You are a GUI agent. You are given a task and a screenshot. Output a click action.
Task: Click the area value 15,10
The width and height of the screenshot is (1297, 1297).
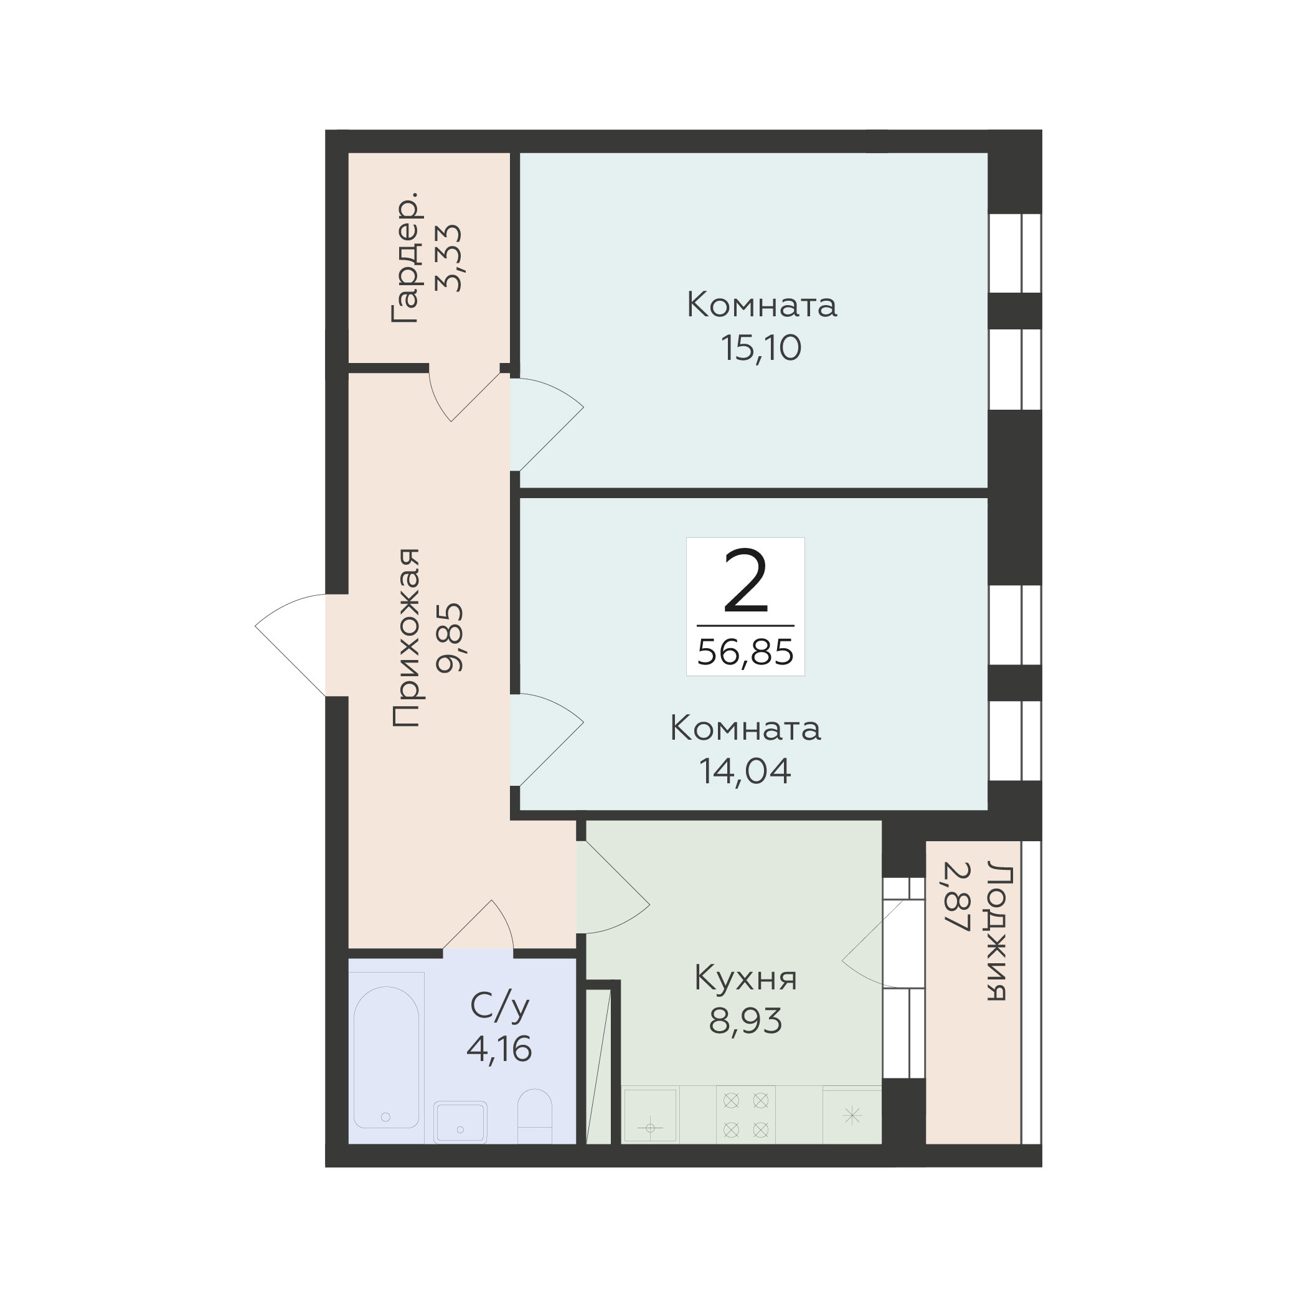point(762,349)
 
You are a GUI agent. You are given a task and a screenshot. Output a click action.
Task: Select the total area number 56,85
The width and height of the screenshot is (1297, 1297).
point(745,652)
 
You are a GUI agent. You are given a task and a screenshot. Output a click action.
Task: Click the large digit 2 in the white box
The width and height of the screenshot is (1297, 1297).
point(745,582)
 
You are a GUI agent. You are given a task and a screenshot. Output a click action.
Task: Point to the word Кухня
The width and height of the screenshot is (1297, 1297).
point(745,978)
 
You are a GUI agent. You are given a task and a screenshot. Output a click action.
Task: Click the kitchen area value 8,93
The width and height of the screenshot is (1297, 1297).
point(745,1021)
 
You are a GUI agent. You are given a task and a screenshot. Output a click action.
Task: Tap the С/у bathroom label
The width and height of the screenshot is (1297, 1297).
point(499,1007)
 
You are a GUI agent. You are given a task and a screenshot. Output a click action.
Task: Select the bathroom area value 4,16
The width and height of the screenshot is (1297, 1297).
point(499,1049)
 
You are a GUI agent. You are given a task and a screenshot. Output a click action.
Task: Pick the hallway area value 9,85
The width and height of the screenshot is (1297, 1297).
point(449,638)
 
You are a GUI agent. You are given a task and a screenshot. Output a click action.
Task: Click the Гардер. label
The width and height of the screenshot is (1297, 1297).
point(407,257)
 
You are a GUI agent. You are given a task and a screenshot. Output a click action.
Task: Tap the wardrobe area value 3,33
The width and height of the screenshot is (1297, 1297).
point(449,257)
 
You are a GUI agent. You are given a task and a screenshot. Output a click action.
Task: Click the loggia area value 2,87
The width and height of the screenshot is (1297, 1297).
point(956,897)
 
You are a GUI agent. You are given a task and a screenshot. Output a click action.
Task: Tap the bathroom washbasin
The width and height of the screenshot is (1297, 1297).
point(460,1122)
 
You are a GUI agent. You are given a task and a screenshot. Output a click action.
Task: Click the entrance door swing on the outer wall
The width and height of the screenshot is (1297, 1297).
point(290,645)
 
